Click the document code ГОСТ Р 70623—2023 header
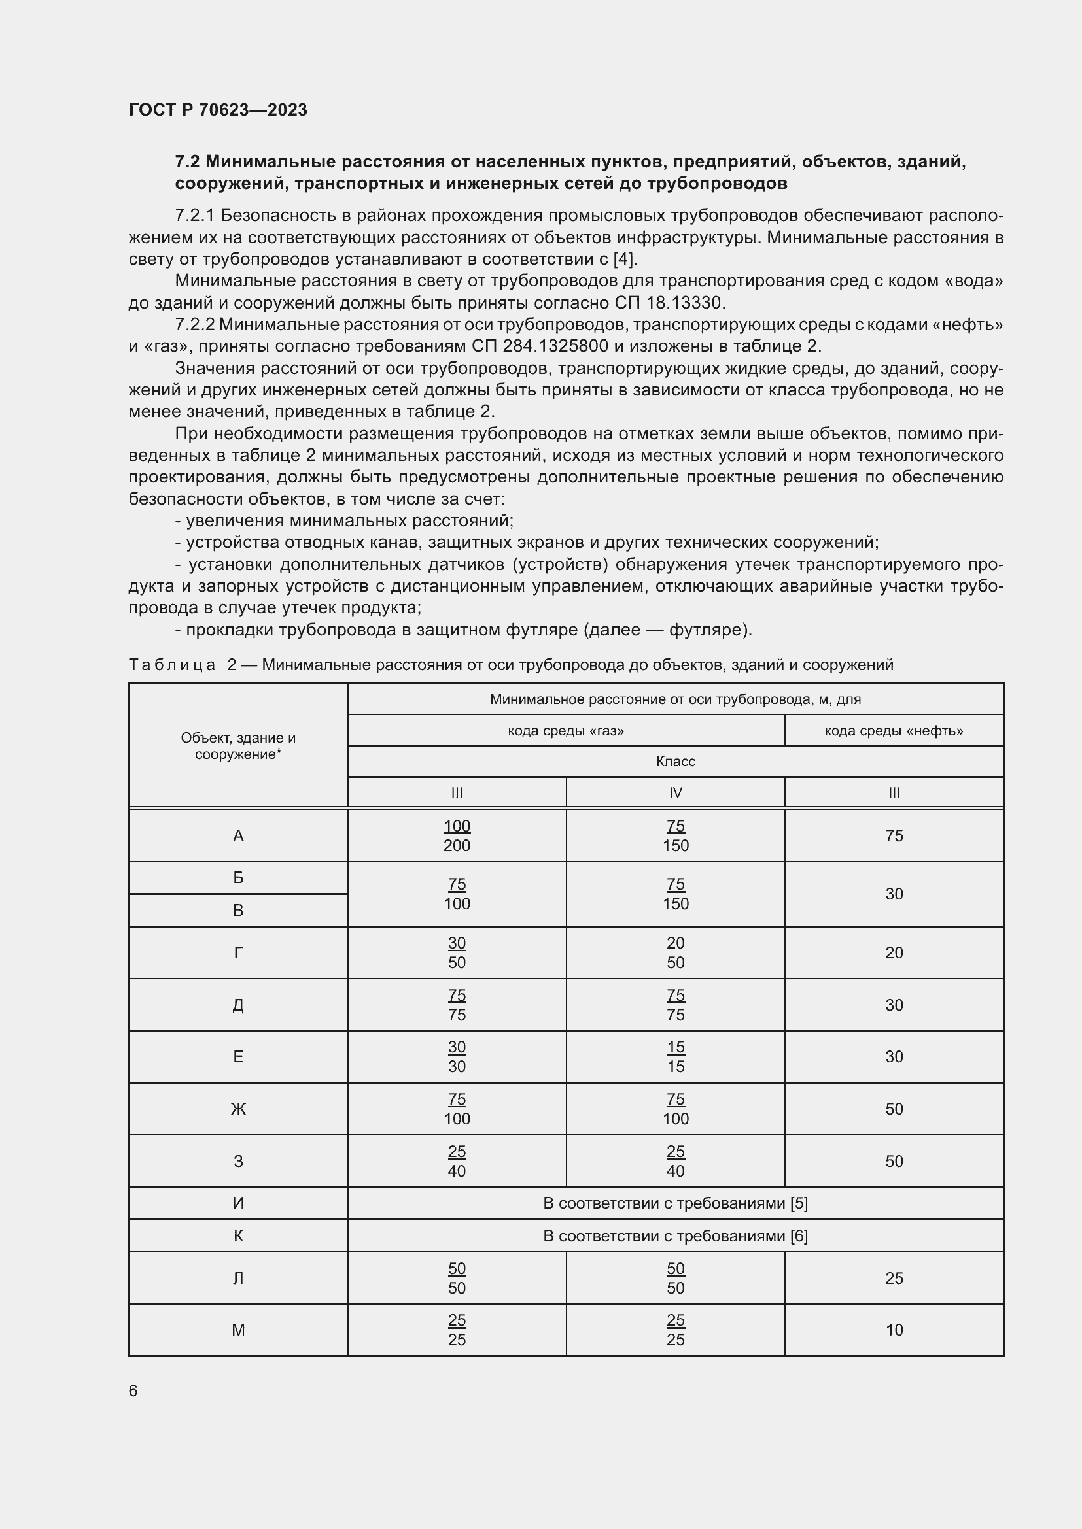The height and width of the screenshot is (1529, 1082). pyautogui.click(x=218, y=110)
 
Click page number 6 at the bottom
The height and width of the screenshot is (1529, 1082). pyautogui.click(x=133, y=1390)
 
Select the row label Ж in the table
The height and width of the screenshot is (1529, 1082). pyautogui.click(x=238, y=1109)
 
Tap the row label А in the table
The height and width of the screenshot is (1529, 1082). pyautogui.click(x=238, y=836)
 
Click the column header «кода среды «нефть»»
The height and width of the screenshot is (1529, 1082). pyautogui.click(x=894, y=731)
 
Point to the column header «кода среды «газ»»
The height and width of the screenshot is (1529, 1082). pyautogui.click(x=566, y=731)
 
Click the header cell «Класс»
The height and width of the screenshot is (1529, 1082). pyautogui.click(x=675, y=761)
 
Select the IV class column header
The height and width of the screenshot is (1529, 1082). pyautogui.click(x=675, y=792)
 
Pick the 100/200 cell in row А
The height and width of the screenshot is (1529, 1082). pyautogui.click(x=457, y=836)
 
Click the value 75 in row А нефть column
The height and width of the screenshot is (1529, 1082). pyautogui.click(x=894, y=836)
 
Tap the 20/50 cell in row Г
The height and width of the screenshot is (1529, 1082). pyautogui.click(x=675, y=952)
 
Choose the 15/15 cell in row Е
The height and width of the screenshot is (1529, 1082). pyautogui.click(x=675, y=1057)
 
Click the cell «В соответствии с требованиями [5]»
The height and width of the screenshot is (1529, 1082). pyautogui.click(x=675, y=1203)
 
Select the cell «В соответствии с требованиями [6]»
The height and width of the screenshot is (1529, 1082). pyautogui.click(x=675, y=1236)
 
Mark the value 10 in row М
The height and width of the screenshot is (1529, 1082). pyautogui.click(x=894, y=1330)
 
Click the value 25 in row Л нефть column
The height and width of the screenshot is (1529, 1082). pyautogui.click(x=894, y=1278)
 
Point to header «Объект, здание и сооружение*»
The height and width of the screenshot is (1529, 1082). pyautogui.click(x=238, y=746)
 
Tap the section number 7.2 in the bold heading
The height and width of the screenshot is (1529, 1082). pyautogui.click(x=188, y=162)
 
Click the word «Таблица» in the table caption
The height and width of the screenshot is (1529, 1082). pyautogui.click(x=172, y=665)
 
